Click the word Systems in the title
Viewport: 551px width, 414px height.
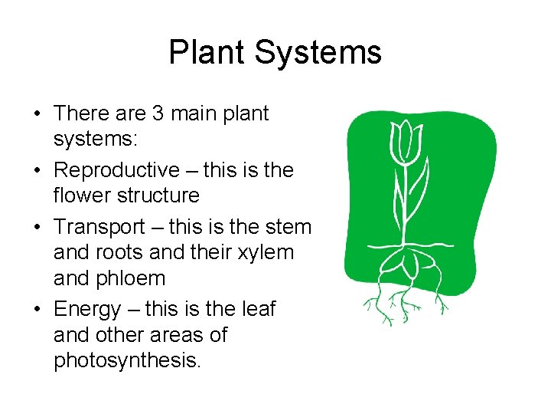coord(318,53)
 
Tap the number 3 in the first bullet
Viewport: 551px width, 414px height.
coord(158,113)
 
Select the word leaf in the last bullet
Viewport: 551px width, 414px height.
coord(259,309)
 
